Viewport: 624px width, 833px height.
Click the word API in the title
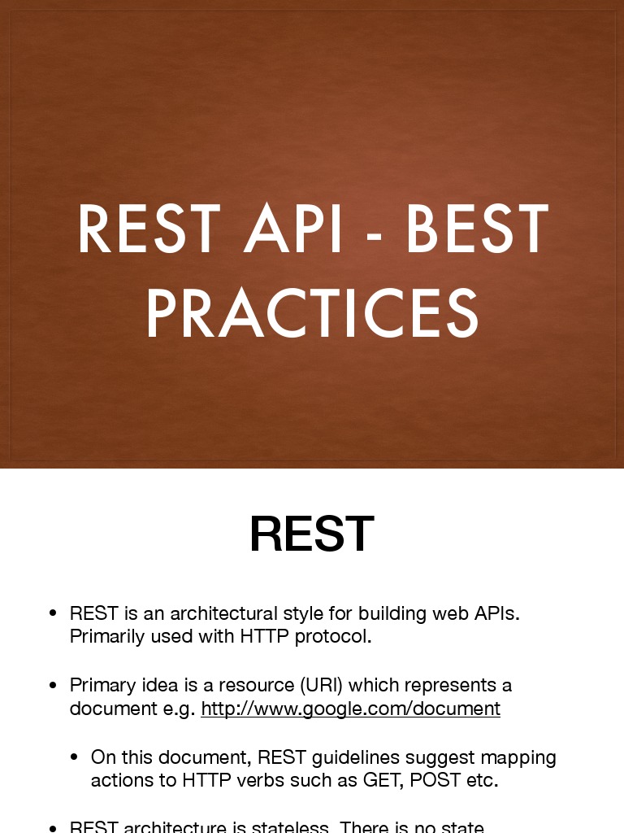(294, 230)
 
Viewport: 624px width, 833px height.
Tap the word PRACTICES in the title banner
(312, 314)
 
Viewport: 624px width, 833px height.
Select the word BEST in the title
(477, 230)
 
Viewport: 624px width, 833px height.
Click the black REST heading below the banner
(311, 534)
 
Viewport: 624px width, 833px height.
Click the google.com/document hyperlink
(350, 709)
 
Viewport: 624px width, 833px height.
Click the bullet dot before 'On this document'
(74, 758)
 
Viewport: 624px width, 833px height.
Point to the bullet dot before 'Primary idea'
(53, 686)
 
